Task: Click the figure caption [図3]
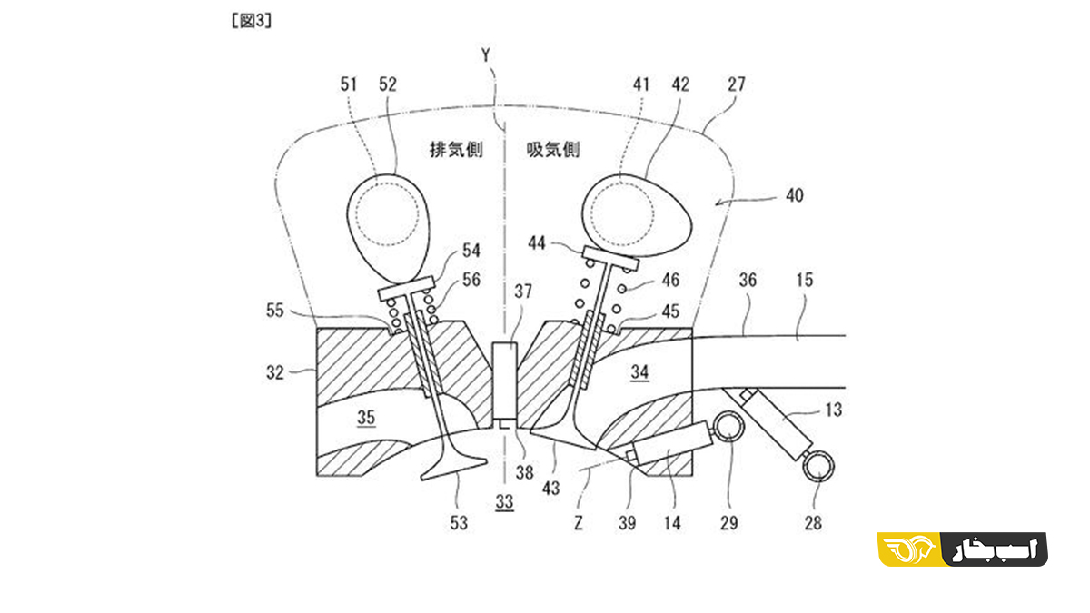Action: (252, 20)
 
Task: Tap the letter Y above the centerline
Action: (486, 55)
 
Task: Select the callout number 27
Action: (737, 84)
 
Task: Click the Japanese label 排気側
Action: (456, 149)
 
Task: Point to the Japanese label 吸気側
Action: (553, 149)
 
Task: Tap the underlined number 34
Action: (639, 372)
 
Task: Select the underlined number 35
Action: (366, 418)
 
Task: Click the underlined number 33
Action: (505, 502)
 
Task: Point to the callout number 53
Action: (459, 523)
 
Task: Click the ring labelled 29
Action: (728, 426)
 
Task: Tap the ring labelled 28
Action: (818, 466)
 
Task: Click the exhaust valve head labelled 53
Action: (453, 467)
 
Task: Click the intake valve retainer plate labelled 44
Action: (610, 258)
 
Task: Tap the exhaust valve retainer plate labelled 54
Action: (406, 288)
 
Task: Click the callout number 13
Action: (834, 410)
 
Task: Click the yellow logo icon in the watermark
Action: (908, 549)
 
